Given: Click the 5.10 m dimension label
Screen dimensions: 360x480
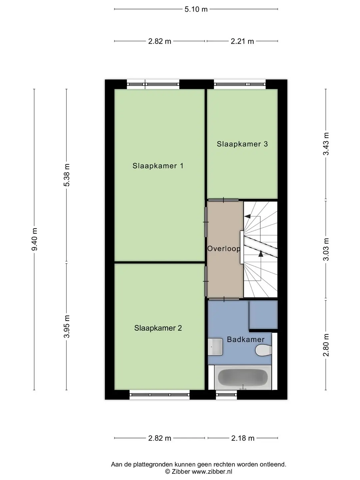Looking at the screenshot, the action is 196,9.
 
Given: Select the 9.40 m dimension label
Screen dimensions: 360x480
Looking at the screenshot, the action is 35,239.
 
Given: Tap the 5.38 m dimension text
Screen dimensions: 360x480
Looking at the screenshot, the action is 67,175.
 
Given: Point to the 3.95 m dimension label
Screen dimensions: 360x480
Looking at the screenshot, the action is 67,326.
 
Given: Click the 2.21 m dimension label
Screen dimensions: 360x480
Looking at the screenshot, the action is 242,41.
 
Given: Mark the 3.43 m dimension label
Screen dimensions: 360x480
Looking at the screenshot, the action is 326,144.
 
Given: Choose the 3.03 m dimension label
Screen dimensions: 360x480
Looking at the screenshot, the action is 326,249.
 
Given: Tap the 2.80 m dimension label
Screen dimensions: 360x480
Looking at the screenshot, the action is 326,345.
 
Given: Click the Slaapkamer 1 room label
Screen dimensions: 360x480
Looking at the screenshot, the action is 158,166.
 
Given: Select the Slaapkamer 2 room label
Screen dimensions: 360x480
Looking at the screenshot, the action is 158,328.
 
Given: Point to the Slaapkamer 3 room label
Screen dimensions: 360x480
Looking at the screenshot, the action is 242,144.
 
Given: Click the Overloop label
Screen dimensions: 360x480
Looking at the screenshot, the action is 224,249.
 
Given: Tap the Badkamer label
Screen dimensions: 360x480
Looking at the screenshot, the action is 246,339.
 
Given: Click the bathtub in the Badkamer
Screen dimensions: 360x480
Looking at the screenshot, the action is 243,377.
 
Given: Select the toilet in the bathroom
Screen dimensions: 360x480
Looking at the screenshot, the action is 264,350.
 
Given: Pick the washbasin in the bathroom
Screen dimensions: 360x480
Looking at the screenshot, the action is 215,347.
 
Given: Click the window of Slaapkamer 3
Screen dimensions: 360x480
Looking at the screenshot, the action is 240,84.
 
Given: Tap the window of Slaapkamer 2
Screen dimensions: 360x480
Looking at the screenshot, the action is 160,395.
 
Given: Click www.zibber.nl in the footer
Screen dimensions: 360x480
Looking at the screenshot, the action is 212,472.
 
